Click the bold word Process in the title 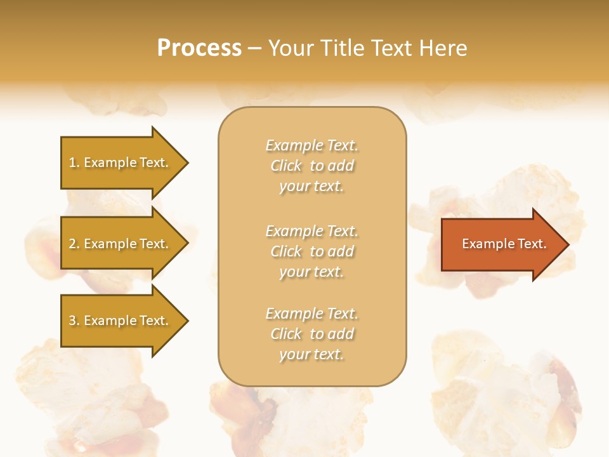pos(199,48)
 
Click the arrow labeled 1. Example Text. pos(121,162)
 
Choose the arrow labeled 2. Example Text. pos(121,244)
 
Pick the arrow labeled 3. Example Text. pos(121,321)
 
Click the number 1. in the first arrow pos(74,162)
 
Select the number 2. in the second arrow pos(74,244)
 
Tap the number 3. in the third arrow pos(74,321)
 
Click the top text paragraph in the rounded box pos(311,166)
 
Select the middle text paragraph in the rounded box pos(311,251)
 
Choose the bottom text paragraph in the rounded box pos(311,334)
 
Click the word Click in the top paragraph pos(286,166)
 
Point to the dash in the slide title pos(255,48)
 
